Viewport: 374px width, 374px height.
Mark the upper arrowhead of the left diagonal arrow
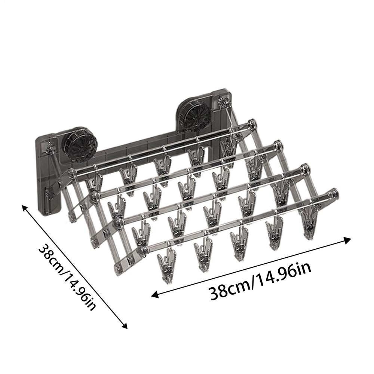25,208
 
